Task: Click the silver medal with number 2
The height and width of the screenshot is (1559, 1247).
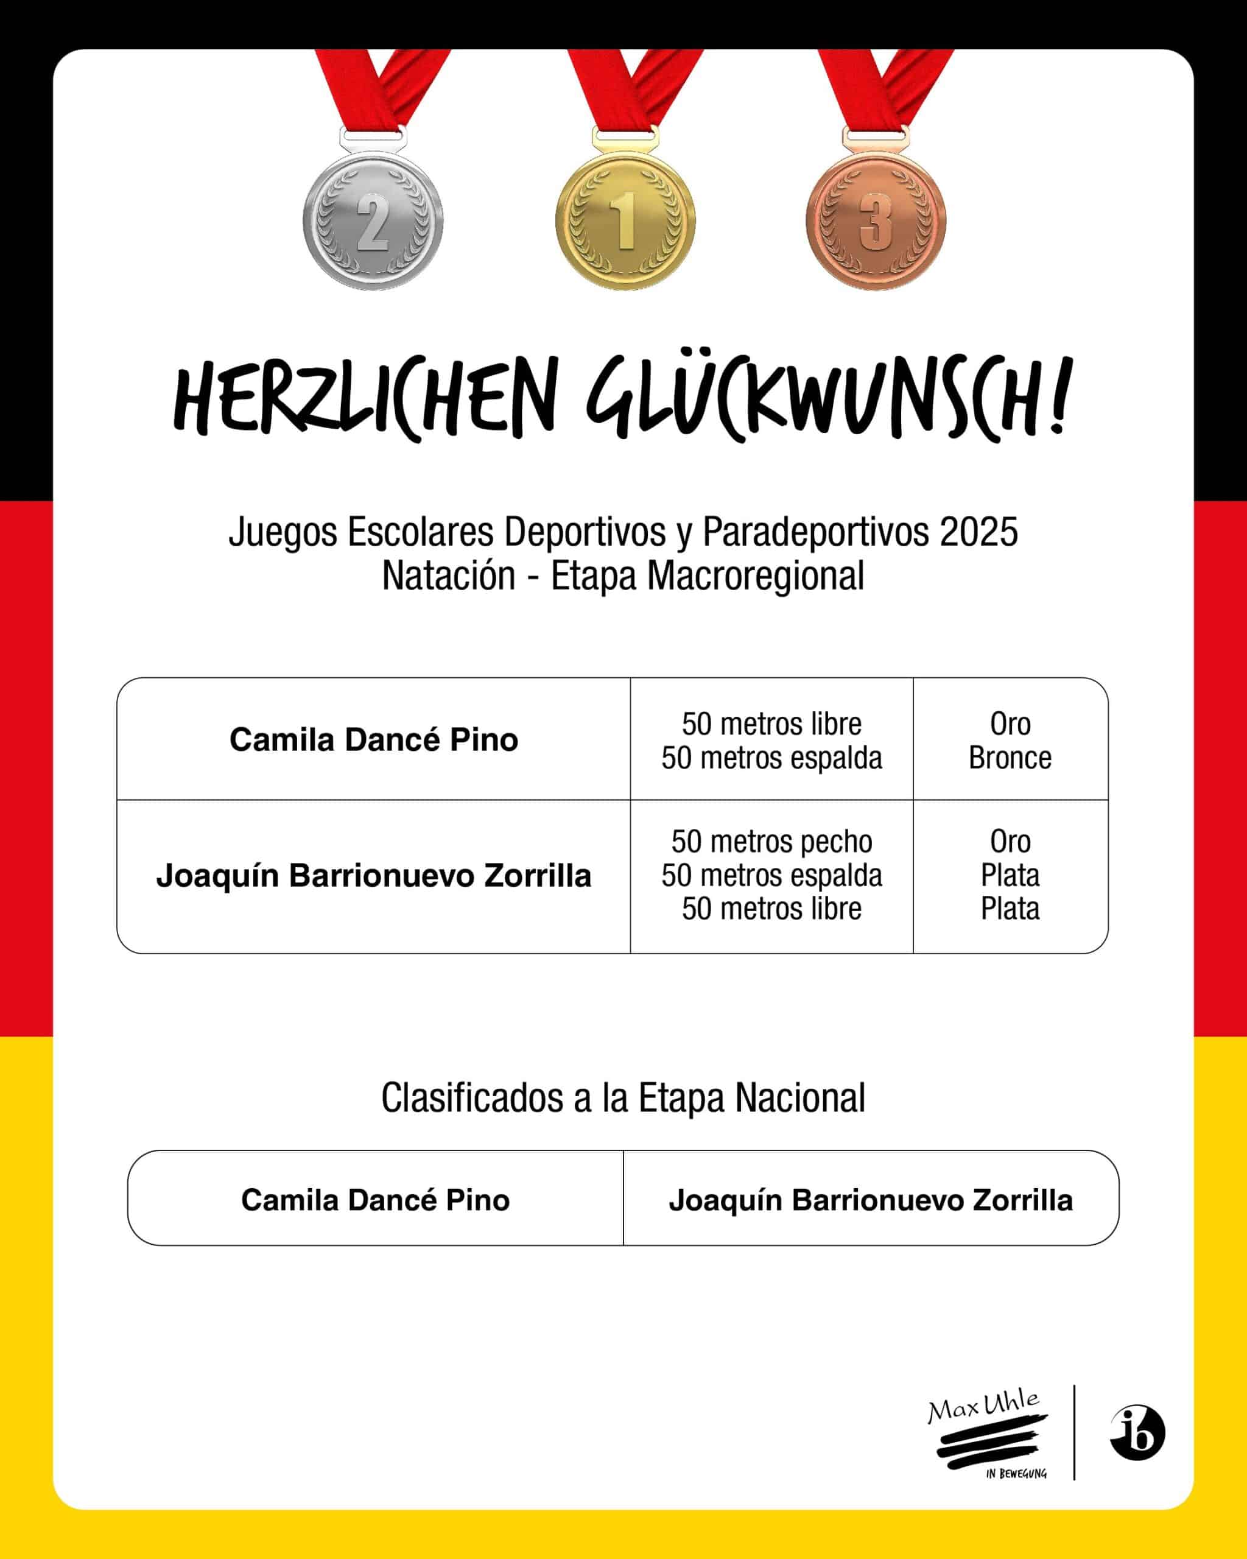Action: point(373,220)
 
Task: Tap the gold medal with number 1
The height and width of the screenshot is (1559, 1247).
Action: point(625,220)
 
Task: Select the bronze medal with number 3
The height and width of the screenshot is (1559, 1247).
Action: point(876,220)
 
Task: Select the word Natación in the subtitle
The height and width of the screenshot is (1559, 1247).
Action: point(448,576)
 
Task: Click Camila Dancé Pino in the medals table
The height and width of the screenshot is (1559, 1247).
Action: point(374,740)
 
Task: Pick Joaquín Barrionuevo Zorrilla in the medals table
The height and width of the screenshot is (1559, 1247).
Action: point(374,876)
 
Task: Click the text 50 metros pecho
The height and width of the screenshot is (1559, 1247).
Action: point(771,842)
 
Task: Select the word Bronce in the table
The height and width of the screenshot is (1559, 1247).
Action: point(1010,758)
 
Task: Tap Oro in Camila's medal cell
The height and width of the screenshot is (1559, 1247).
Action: point(1010,724)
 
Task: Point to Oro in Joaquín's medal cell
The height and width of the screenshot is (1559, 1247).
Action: point(1010,842)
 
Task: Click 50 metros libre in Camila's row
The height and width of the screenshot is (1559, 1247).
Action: point(771,724)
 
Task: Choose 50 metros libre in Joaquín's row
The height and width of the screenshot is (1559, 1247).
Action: point(771,909)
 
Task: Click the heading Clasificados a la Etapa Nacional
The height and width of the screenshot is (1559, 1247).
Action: point(623,1097)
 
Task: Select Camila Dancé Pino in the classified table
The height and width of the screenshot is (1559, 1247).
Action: point(375,1200)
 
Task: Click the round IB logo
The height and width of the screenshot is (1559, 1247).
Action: point(1137,1432)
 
